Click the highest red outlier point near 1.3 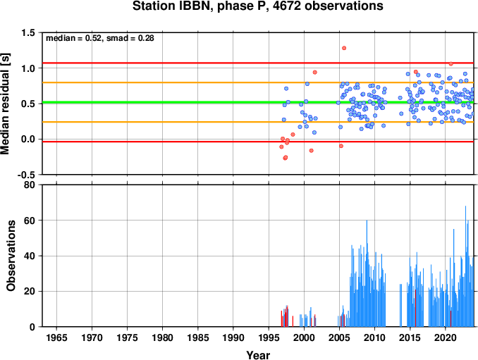click(x=344, y=48)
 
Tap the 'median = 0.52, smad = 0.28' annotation click(x=100, y=38)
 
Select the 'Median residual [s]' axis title click(x=5, y=104)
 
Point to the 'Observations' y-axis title click(x=11, y=256)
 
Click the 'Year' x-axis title click(x=258, y=355)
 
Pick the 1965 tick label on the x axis click(x=56, y=337)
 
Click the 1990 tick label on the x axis click(x=233, y=337)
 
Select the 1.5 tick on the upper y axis click(x=29, y=32)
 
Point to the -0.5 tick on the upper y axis click(x=26, y=175)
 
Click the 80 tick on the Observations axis click(x=30, y=185)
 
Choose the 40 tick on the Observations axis click(x=30, y=256)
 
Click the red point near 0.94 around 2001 click(x=315, y=73)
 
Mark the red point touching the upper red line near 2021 click(x=451, y=64)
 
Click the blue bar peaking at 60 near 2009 click(x=367, y=273)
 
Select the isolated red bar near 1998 click(x=293, y=321)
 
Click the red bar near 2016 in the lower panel click(x=415, y=308)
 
